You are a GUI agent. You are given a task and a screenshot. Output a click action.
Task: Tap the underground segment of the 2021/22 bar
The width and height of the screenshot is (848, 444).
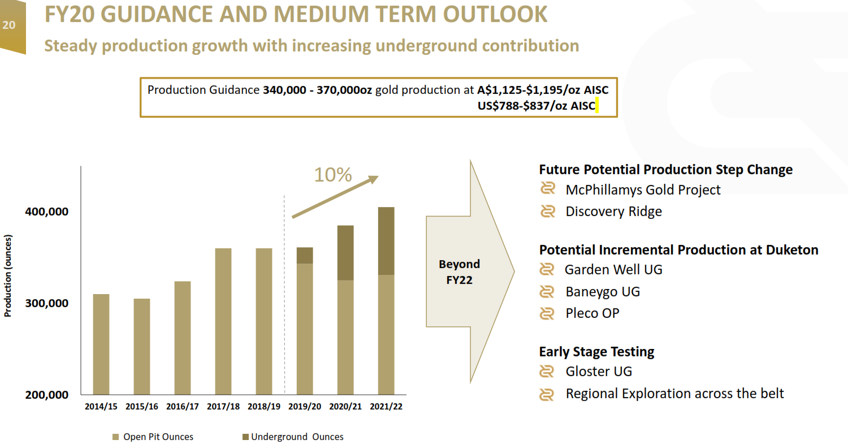coord(386,241)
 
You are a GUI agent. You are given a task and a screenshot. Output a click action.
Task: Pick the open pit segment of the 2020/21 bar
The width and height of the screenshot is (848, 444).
coord(345,337)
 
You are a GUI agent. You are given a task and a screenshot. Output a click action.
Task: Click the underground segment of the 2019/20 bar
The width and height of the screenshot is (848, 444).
coord(305,256)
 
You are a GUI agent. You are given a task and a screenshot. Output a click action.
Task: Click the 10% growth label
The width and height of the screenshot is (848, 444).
coord(333,175)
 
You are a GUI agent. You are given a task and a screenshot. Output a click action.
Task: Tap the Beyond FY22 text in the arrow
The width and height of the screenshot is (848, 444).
coord(459,272)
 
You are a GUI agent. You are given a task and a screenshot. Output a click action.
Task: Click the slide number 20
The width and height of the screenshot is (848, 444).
coord(9,24)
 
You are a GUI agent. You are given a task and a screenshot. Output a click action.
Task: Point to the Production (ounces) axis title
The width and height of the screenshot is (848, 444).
coord(8,275)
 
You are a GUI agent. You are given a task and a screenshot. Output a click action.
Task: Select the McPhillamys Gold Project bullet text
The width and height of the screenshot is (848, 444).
coord(643,190)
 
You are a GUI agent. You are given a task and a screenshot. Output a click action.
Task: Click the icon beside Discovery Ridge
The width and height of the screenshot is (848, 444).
coord(547,212)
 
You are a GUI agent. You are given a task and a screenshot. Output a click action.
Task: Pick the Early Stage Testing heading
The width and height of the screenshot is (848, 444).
coord(596,352)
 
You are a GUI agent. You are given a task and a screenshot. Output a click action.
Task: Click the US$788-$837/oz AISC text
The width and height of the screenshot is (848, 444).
coord(537,105)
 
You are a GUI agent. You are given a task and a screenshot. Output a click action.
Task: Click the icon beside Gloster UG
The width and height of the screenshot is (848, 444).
coord(547,372)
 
